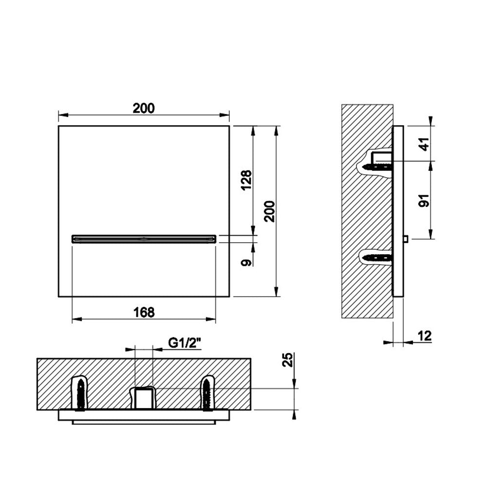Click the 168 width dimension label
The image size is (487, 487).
coord(144,312)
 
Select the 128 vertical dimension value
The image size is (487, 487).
coord(246,181)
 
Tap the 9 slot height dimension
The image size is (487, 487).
coord(246,262)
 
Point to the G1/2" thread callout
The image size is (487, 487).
coord(185,343)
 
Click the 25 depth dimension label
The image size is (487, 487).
coord(288,360)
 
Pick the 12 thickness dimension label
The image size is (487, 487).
coord(425,336)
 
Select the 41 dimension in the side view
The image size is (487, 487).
coord(424,144)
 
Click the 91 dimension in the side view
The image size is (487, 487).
coord(424,200)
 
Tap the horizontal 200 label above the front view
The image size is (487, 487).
coord(144,108)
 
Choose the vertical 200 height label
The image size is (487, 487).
coord(270,211)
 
